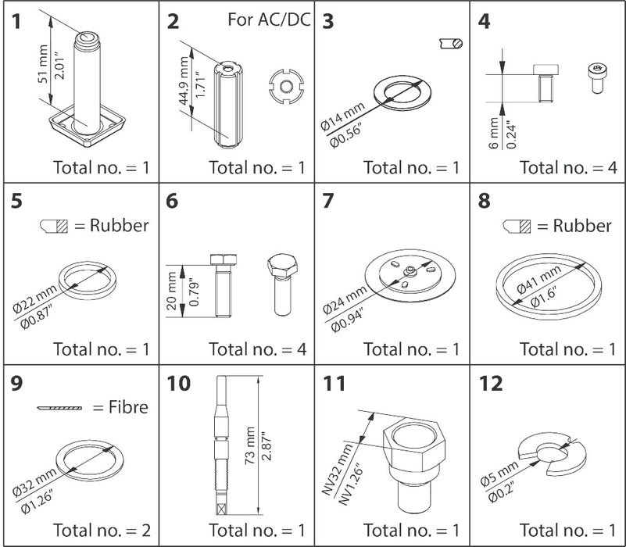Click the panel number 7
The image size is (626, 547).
pyautogui.click(x=328, y=202)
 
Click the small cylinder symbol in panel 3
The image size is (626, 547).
pyautogui.click(x=451, y=45)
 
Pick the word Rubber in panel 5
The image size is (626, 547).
pyautogui.click(x=118, y=226)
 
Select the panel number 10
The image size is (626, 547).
pyautogui.click(x=178, y=384)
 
